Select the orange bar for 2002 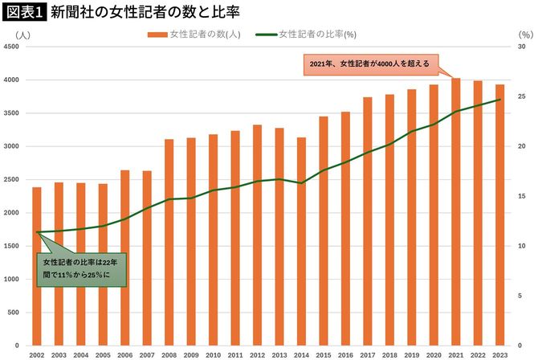(x=37, y=266)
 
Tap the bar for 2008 (x=169, y=242)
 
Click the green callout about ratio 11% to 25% (x=80, y=268)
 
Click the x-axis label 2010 (x=213, y=354)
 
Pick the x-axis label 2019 (x=411, y=354)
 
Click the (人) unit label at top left (x=21, y=35)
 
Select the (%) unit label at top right (x=525, y=35)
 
